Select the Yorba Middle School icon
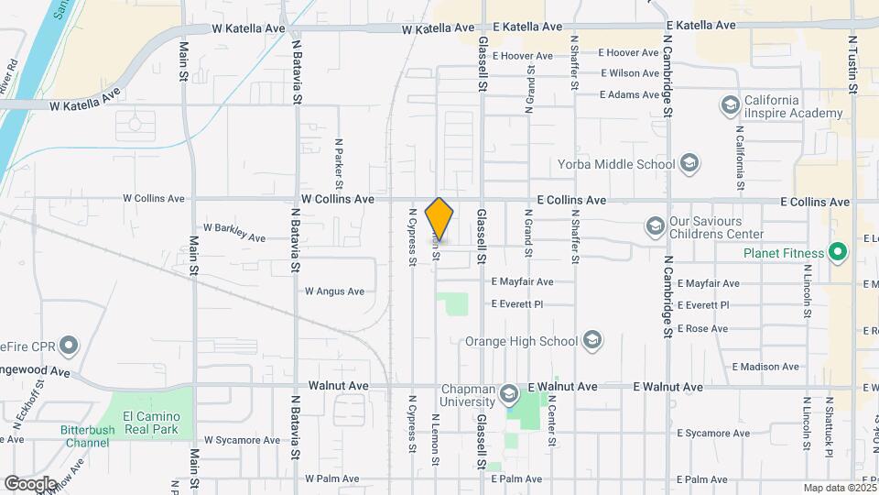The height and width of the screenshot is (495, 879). tap(689, 165)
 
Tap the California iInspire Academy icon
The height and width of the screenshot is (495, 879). tap(730, 105)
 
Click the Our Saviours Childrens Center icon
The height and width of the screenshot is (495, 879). tap(654, 225)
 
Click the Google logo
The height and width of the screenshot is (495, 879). tap(30, 483)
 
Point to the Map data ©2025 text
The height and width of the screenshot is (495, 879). tap(839, 488)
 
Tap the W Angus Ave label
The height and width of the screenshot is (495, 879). tap(334, 291)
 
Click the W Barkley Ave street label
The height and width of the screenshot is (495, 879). tap(233, 231)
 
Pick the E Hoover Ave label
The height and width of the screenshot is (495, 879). tap(523, 55)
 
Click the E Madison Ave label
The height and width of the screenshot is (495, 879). tap(765, 367)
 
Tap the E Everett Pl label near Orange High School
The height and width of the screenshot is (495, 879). tap(517, 303)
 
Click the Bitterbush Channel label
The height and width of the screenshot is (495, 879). tap(87, 436)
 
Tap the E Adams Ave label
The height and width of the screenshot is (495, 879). tap(630, 94)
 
